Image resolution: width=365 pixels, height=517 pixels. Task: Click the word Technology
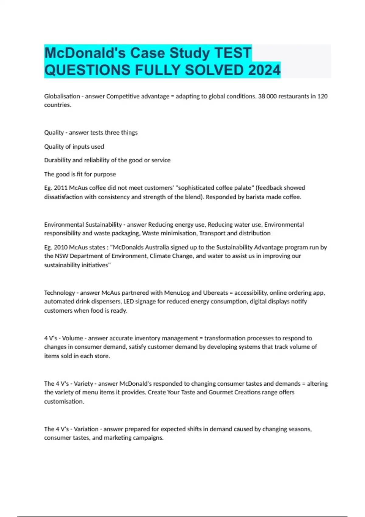point(59,293)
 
